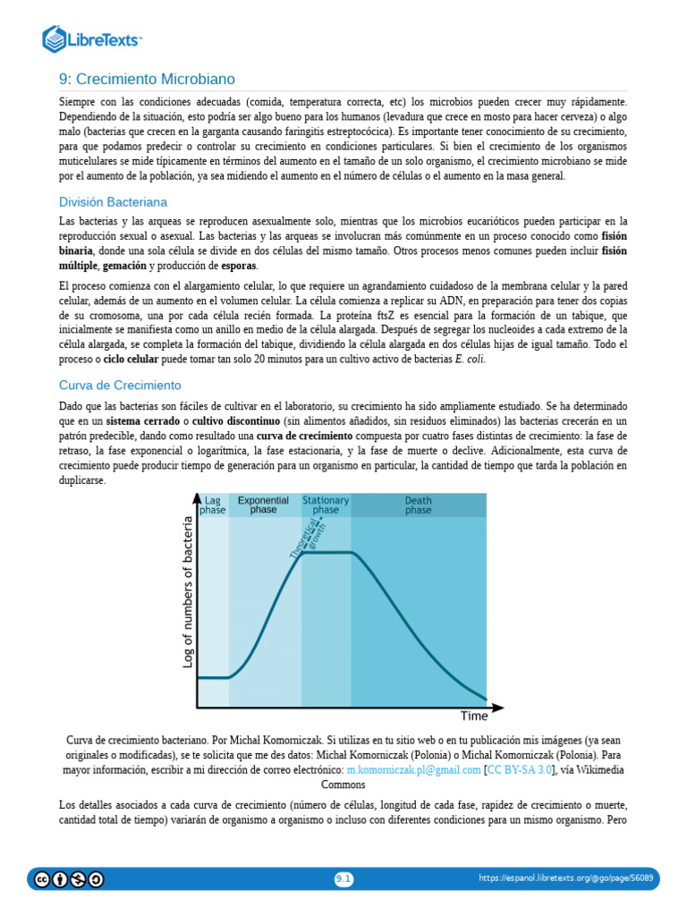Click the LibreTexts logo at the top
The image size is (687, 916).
[x=93, y=38]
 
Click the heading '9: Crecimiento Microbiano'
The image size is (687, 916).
[x=147, y=80]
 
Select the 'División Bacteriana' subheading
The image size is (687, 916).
[x=113, y=202]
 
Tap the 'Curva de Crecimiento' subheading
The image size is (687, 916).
[x=120, y=386]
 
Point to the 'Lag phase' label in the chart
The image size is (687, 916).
[x=213, y=505]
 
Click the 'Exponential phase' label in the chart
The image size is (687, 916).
[x=263, y=505]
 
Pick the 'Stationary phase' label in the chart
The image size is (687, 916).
[x=326, y=505]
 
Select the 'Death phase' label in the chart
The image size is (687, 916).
[x=418, y=505]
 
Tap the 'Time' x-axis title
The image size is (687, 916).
[x=474, y=716]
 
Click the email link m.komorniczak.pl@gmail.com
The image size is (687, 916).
[x=413, y=769]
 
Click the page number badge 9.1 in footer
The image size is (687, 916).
[x=343, y=879]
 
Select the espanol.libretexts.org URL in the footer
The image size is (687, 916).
[x=565, y=879]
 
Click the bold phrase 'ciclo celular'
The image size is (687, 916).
[x=131, y=360]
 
